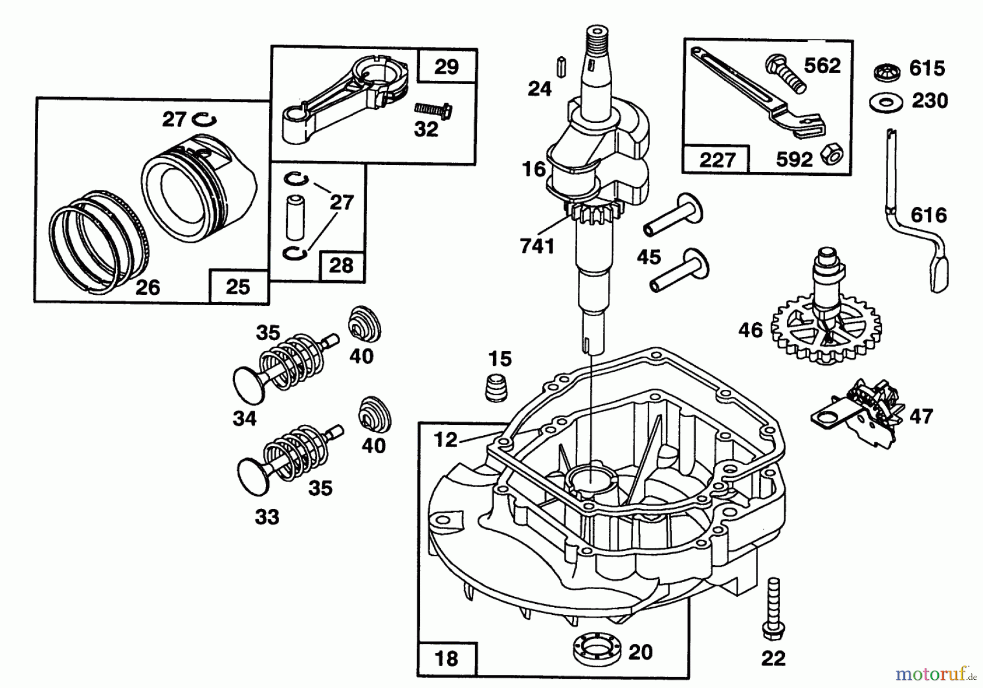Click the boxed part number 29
[446, 67]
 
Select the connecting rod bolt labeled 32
[431, 110]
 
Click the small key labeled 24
[561, 66]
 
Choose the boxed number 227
[716, 161]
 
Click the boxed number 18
[446, 659]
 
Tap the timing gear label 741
[537, 247]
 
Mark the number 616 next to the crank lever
[928, 215]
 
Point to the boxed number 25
[238, 287]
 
